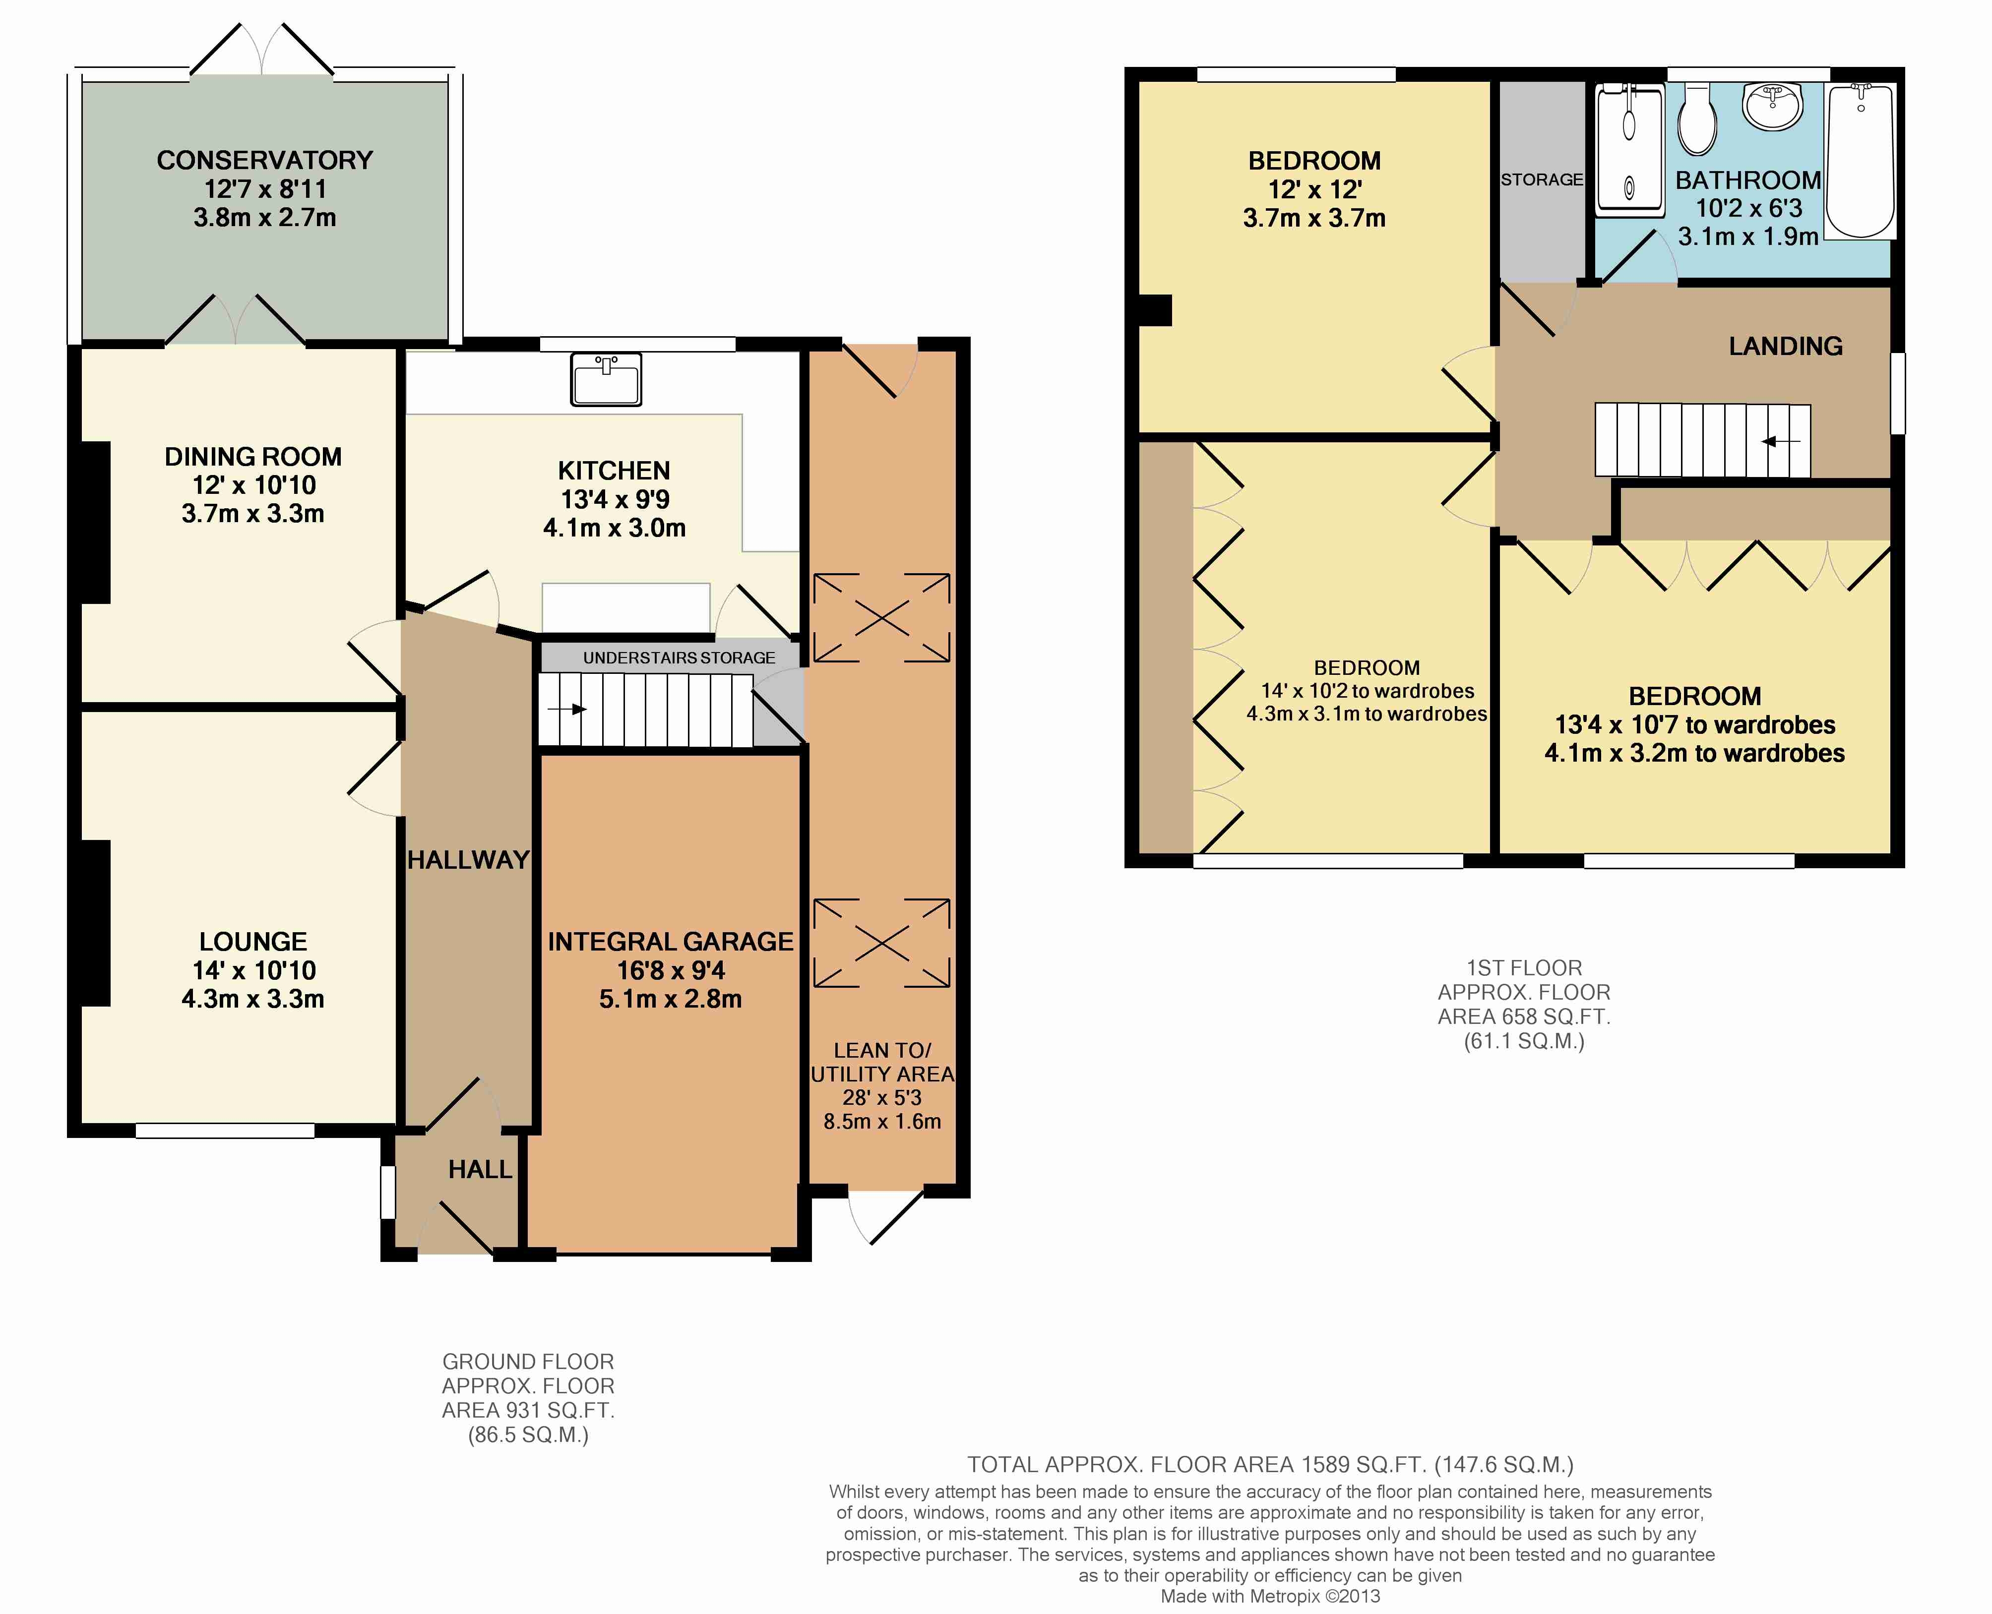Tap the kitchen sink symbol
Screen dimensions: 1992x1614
tap(606, 379)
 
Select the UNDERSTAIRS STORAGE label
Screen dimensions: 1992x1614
tap(679, 658)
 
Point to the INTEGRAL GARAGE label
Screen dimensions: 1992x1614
tap(671, 942)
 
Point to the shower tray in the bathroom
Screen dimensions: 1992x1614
tap(1629, 151)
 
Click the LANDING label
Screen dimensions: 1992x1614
tap(1786, 347)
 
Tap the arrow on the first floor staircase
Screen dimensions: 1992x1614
tap(1781, 442)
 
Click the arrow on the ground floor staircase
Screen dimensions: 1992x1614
tap(567, 710)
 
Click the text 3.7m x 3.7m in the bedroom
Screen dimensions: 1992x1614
tap(1314, 219)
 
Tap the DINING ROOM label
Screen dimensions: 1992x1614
tap(253, 457)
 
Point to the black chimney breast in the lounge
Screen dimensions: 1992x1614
tap(96, 923)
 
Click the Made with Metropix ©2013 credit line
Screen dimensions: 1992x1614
tap(1270, 1596)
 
